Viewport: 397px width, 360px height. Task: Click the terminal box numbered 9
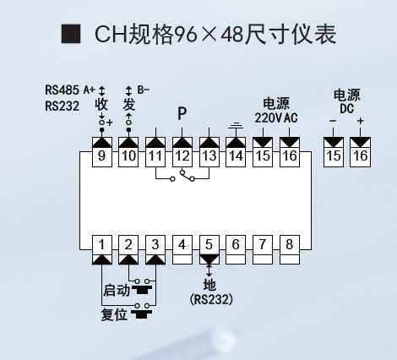[x=102, y=152]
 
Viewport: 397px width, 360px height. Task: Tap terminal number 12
[x=182, y=152]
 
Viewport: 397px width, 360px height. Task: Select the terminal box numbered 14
[x=236, y=152]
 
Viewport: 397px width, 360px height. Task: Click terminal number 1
[x=102, y=250]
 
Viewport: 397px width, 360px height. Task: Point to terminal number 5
[x=209, y=250]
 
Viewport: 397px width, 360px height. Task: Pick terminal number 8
[x=290, y=250]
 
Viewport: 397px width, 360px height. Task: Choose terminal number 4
[x=182, y=250]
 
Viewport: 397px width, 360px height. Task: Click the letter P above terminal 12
[x=182, y=113]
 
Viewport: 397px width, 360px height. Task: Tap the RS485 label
[x=62, y=90]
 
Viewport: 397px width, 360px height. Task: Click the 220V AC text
[x=276, y=117]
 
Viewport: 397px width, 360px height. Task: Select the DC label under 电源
[x=346, y=108]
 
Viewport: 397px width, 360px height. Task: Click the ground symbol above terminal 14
[x=236, y=125]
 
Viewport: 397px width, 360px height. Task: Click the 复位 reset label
[x=114, y=314]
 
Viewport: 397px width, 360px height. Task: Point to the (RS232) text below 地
[x=211, y=299]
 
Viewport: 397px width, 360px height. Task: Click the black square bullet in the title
[x=71, y=34]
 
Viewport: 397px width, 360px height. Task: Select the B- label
[x=144, y=90]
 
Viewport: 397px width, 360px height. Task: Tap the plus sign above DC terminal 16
[x=360, y=121]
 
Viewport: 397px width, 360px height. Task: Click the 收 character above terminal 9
[x=101, y=104]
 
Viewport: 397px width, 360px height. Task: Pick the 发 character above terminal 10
[x=128, y=105]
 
